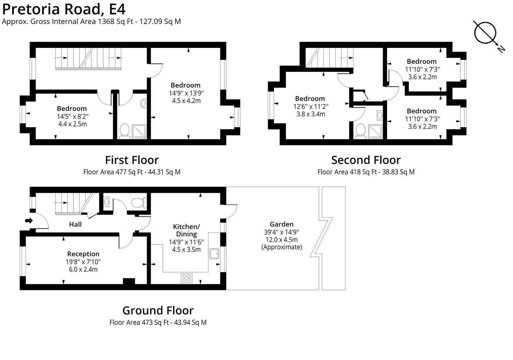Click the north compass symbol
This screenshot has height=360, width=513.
pos(485,33)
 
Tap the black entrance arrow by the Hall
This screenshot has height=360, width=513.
pos(29,221)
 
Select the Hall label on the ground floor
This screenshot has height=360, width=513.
pos(75,224)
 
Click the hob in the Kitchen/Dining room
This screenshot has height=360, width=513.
pos(187,278)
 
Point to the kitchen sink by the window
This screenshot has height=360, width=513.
pos(214,254)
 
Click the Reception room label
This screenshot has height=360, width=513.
pos(83,254)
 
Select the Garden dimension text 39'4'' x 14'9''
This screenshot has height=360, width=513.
pos(281,232)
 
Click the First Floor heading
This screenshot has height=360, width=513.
pos(132,160)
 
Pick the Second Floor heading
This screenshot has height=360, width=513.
pos(366,160)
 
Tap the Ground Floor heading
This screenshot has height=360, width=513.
pos(158,310)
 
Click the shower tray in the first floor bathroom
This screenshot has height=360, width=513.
pos(139,131)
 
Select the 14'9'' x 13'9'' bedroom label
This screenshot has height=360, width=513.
pos(186,85)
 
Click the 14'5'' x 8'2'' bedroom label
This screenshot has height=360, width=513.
pos(72,109)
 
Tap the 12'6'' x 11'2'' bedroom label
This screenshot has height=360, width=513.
pos(310,99)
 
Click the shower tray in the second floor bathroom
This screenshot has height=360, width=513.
pos(375,131)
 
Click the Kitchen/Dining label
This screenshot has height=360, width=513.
pos(187,230)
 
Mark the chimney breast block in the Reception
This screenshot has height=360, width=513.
pos(129,281)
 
